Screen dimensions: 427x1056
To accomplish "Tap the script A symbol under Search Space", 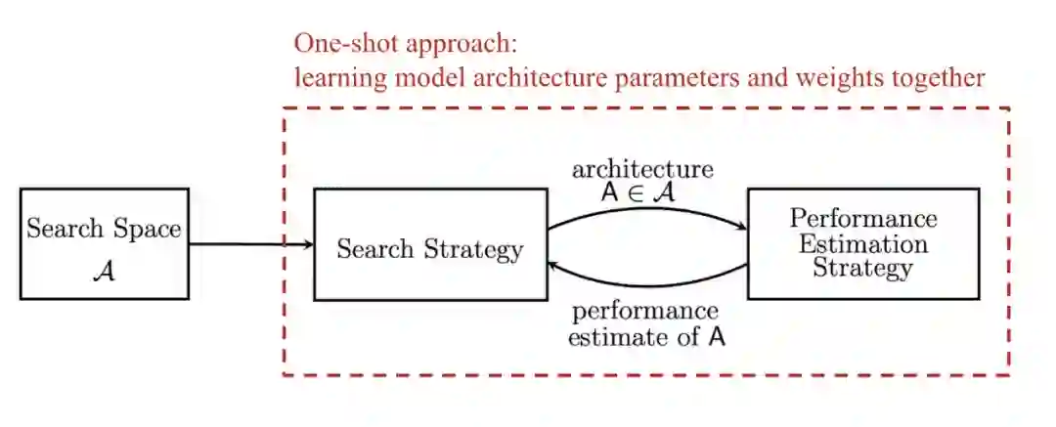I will click(x=104, y=271).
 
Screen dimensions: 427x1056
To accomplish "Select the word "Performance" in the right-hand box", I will click(x=862, y=217).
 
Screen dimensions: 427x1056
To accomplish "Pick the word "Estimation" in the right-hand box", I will click(x=862, y=242).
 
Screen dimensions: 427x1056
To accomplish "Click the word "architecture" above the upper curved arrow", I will click(x=642, y=169).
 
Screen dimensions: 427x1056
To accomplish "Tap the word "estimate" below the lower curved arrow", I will click(x=615, y=338).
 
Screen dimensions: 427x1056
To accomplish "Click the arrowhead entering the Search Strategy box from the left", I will click(x=308, y=244).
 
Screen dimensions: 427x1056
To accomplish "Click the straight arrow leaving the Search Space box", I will click(x=244, y=244).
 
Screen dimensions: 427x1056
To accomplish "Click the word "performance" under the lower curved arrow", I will click(x=645, y=313).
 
